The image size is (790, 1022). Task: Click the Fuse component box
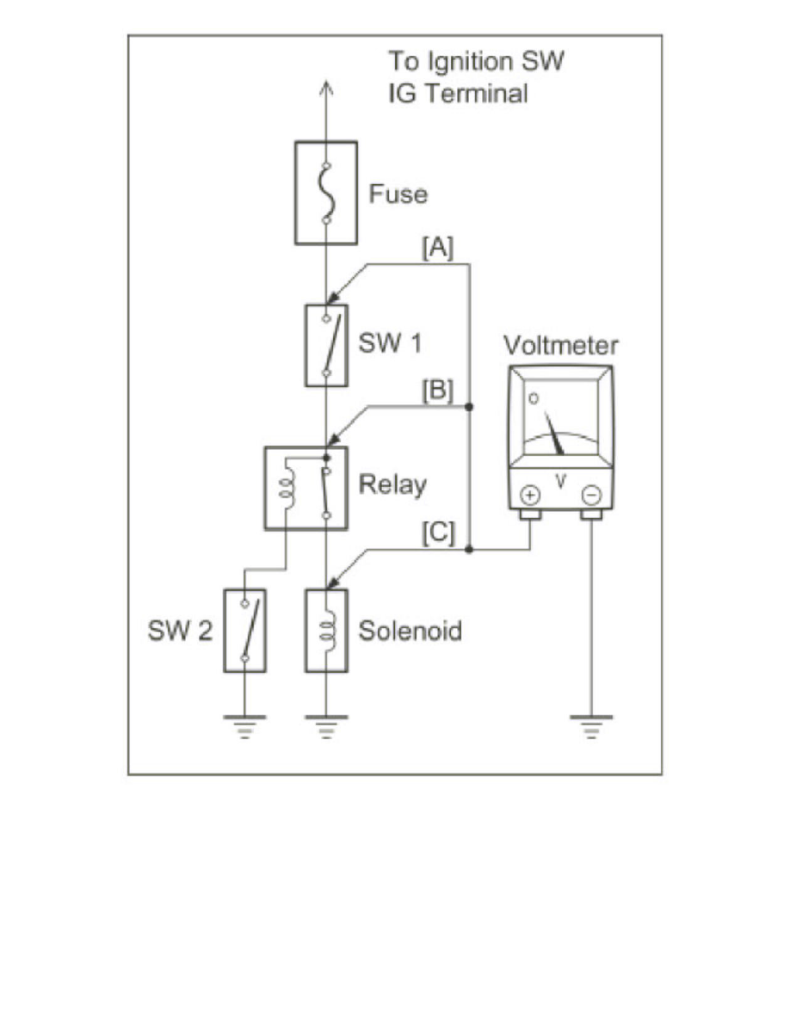(325, 193)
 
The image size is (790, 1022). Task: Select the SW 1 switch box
(325, 345)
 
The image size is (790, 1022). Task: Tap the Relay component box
(305, 486)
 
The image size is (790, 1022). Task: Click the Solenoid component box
(325, 630)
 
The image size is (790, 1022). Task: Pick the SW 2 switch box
(244, 630)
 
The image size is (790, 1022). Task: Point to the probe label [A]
(436, 248)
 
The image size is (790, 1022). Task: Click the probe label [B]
(436, 391)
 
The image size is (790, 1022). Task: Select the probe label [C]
(436, 533)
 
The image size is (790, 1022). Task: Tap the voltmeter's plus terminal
(530, 495)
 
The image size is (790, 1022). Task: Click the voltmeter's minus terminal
(590, 495)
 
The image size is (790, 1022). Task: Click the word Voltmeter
(560, 346)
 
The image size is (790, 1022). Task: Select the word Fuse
(398, 194)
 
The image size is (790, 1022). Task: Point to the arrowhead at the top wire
(325, 87)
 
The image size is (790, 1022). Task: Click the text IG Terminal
(457, 93)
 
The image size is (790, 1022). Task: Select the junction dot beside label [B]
(469, 406)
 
